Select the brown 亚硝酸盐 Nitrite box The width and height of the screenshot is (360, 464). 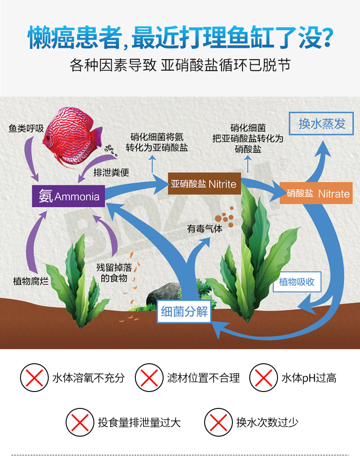204,184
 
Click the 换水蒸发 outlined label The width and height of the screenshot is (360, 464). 322,124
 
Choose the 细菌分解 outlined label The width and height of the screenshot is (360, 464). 184,312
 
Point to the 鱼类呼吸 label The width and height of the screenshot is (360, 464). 26,129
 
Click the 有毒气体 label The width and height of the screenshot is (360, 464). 205,229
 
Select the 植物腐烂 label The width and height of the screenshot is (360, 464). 31,281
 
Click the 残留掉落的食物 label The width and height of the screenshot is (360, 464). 113,273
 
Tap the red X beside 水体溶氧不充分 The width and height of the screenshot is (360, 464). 34,378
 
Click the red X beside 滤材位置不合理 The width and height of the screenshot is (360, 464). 149,378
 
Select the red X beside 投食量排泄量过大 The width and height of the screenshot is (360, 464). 80,422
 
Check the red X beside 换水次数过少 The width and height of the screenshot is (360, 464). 218,422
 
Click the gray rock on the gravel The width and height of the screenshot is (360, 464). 163,293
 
